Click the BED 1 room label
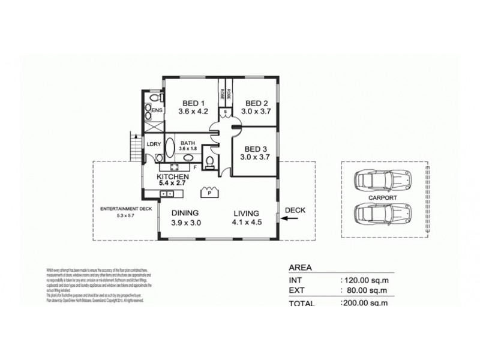(192, 102)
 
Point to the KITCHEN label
(173, 178)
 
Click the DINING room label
(185, 213)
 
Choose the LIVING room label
(246, 213)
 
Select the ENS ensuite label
(157, 111)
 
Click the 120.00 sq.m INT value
(364, 280)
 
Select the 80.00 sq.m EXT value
(365, 291)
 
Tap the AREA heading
(299, 268)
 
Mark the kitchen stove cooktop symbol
(177, 167)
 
